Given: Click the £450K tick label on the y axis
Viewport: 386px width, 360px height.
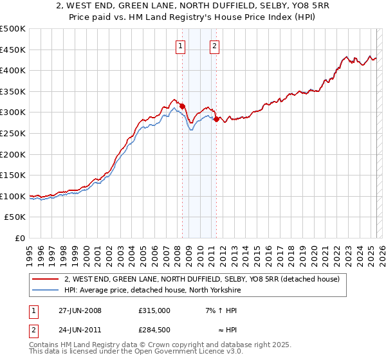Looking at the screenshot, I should (13, 50).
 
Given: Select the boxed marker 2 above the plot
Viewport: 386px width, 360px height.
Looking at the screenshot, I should (214, 45).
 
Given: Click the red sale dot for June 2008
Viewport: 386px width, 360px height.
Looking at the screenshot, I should (182, 106).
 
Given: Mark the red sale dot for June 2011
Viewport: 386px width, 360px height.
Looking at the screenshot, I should (216, 119).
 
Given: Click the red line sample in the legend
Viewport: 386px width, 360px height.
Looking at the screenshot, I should (45, 279).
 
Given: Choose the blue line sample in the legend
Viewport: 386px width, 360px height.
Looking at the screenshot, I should (45, 290).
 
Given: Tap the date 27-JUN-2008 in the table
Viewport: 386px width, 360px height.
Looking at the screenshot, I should (80, 310).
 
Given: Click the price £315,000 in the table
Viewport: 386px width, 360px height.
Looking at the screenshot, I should (154, 310).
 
